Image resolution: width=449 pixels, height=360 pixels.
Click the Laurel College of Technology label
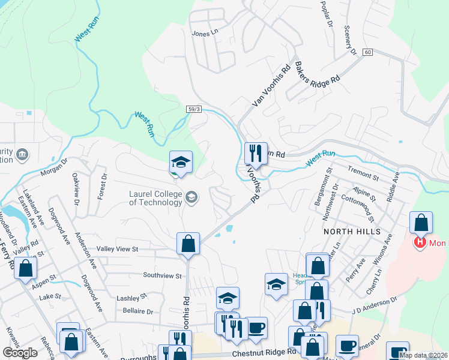click(155, 197)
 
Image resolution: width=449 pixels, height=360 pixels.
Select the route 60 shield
click(367, 53)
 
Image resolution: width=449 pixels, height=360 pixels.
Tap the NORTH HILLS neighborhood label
click(352, 231)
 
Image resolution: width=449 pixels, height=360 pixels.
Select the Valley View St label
click(118, 248)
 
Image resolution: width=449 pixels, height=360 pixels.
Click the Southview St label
click(162, 275)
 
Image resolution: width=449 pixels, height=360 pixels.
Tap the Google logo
click(20, 352)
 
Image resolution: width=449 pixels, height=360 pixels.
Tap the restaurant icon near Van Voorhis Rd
click(256, 153)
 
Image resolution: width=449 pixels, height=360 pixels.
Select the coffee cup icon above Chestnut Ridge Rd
click(257, 328)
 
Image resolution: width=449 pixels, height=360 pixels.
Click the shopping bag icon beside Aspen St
click(25, 268)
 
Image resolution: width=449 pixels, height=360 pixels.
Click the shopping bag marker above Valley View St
click(188, 244)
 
